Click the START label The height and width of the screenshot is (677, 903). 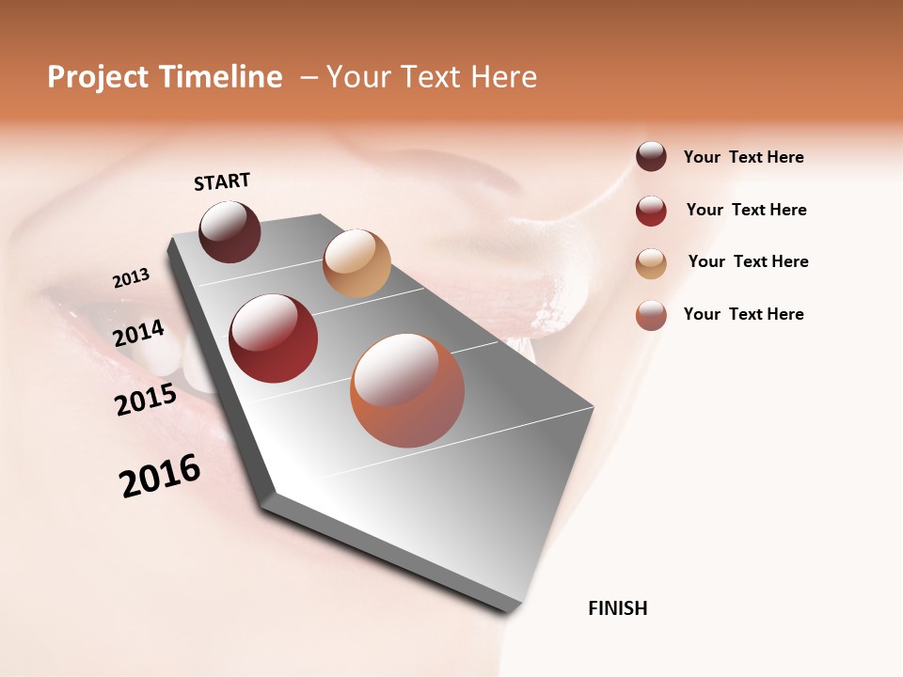tap(222, 181)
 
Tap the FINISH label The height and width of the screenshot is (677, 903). tap(617, 608)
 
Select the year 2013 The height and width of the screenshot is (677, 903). tap(131, 278)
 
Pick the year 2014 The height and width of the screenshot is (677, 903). tap(138, 334)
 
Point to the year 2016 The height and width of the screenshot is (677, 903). tap(160, 476)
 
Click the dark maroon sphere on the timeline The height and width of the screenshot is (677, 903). tap(230, 231)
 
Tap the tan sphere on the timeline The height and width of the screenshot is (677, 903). tap(356, 262)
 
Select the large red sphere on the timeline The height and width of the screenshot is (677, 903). tap(274, 338)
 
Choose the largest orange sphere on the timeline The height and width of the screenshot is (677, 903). tap(407, 390)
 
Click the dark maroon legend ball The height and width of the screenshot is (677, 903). tap(651, 157)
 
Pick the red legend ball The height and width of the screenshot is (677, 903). tap(651, 211)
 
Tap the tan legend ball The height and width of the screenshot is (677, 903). tap(651, 263)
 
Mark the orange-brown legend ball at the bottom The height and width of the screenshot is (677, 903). tap(651, 315)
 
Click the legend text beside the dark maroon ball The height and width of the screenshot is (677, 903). tap(743, 157)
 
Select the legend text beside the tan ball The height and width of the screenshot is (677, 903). tap(748, 261)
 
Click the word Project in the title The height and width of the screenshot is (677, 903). tap(99, 77)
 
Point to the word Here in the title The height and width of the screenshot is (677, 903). tap(503, 77)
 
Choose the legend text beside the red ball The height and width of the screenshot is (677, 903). tap(746, 210)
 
